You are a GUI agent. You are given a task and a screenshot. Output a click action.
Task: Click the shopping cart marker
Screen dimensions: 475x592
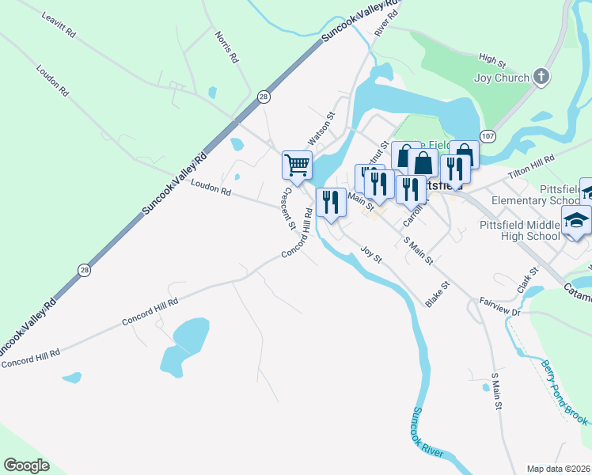click(296, 165)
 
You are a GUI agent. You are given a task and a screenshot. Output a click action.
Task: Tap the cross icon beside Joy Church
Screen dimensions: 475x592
click(541, 77)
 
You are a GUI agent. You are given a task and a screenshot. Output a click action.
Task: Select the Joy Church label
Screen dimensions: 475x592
click(501, 78)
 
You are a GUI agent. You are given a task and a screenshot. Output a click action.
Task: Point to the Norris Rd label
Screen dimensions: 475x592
click(226, 47)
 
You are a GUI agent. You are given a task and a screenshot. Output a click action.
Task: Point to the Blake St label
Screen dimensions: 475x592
click(437, 294)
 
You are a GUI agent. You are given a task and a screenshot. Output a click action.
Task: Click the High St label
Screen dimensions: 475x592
click(492, 59)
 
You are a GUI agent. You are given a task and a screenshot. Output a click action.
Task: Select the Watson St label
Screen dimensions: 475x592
click(322, 127)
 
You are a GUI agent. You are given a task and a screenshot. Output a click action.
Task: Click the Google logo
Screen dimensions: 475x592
click(27, 465)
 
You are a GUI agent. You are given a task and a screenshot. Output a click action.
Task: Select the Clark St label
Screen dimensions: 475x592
click(528, 281)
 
